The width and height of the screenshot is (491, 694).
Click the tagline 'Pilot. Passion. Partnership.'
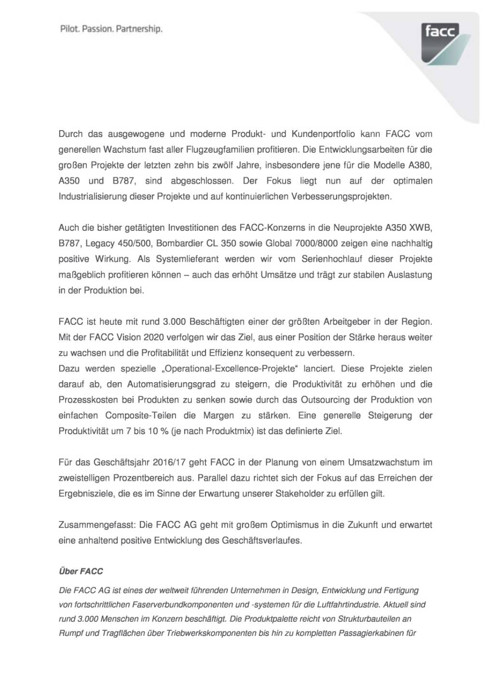(111, 29)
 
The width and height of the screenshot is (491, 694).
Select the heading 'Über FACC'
(81, 571)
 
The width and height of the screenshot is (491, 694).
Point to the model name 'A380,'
(420, 165)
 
